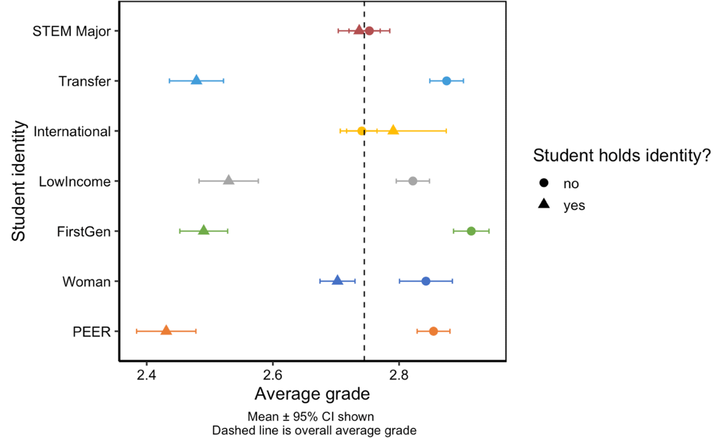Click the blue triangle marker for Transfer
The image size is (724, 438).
[196, 80]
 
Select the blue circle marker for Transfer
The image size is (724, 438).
[446, 81]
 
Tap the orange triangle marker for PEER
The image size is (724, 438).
[166, 331]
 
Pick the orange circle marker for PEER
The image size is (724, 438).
[433, 331]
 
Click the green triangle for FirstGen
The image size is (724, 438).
[203, 230]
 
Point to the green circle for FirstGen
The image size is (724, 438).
[471, 231]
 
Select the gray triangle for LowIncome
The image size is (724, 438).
[229, 180]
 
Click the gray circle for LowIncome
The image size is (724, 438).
[413, 181]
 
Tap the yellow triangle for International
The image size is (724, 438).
[393, 130]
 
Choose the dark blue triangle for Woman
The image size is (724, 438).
[337, 281]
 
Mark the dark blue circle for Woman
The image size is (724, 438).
[425, 281]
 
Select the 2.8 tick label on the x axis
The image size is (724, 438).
[399, 374]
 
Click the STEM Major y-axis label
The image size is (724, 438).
[72, 31]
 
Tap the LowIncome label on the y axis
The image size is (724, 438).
[74, 181]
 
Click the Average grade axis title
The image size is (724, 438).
[312, 395]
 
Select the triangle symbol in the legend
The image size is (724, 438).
[544, 205]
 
